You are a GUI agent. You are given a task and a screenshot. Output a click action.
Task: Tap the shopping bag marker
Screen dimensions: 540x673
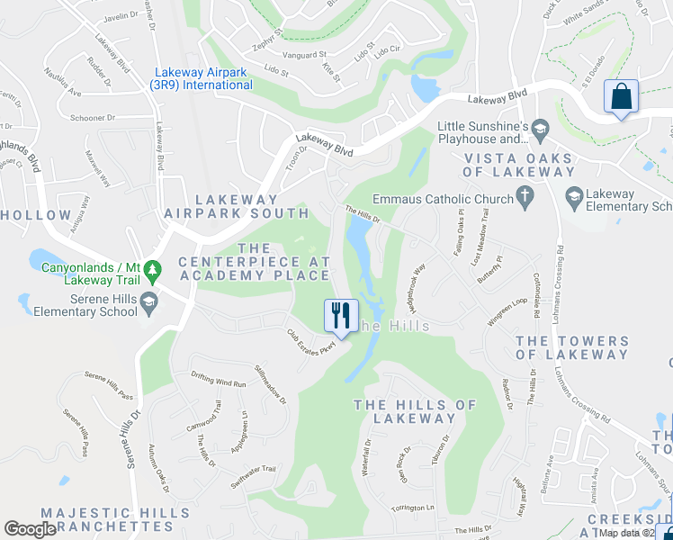pyautogui.click(x=621, y=97)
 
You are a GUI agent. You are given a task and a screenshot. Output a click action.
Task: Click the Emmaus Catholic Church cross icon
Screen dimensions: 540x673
pyautogui.click(x=525, y=198)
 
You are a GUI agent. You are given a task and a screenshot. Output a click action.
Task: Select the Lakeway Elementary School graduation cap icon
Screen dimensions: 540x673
pyautogui.click(x=572, y=195)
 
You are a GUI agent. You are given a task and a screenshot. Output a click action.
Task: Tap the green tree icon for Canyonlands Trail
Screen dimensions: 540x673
pyautogui.click(x=152, y=269)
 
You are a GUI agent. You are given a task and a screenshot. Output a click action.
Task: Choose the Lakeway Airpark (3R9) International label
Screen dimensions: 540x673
pyautogui.click(x=203, y=79)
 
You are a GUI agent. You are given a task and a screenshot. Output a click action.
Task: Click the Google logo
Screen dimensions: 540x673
pyautogui.click(x=31, y=528)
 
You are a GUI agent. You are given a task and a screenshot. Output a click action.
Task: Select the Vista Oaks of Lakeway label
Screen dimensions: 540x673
pyautogui.click(x=518, y=166)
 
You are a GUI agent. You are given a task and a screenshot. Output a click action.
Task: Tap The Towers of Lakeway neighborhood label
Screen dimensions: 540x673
pyautogui.click(x=572, y=347)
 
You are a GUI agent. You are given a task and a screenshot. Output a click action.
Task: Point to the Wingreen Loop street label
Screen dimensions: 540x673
pyautogui.click(x=507, y=310)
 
